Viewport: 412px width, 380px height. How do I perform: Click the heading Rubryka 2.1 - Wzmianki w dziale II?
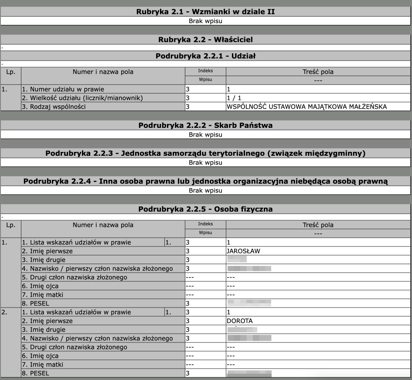[205, 12]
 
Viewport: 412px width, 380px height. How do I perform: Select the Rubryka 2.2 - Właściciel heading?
[205, 40]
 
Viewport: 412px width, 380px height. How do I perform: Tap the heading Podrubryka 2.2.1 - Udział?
[205, 56]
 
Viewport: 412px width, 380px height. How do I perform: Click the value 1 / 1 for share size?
[234, 98]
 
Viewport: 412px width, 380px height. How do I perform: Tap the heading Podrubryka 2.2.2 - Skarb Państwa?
[205, 126]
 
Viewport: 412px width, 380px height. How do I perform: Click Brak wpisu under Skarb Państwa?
[205, 134]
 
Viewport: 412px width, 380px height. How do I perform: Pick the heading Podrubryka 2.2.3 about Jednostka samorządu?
[205, 153]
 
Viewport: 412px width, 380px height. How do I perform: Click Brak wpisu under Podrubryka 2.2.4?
[205, 190]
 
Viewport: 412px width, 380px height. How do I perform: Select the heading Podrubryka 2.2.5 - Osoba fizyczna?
[205, 209]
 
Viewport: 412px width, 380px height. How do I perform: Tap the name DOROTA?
[239, 321]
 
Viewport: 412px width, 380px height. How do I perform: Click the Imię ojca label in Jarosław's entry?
[42, 286]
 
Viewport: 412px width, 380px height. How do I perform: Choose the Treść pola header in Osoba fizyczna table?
[318, 225]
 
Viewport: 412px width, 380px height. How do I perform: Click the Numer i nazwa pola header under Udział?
[103, 72]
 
